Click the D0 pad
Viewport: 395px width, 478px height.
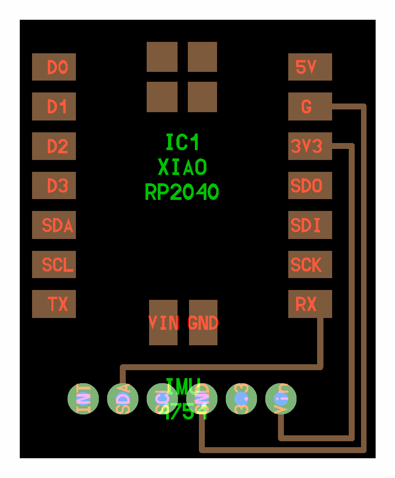pyautogui.click(x=54, y=67)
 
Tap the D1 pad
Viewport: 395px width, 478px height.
pyautogui.click(x=54, y=107)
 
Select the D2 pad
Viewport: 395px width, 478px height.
pyautogui.click(x=54, y=146)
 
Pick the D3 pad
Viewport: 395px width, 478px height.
pyautogui.click(x=54, y=186)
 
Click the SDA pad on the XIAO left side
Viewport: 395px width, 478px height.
pyautogui.click(x=54, y=225)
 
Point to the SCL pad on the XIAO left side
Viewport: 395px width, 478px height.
pyautogui.click(x=54, y=265)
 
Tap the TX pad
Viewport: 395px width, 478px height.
pyautogui.click(x=54, y=304)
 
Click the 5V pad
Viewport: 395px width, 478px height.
pyautogui.click(x=310, y=67)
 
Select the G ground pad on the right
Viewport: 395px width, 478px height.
pyautogui.click(x=310, y=107)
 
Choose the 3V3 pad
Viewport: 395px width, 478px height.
pyautogui.click(x=310, y=146)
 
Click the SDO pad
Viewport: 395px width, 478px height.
pyautogui.click(x=310, y=186)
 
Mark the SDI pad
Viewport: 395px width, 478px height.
pyautogui.click(x=310, y=225)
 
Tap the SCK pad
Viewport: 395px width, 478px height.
pyautogui.click(x=310, y=265)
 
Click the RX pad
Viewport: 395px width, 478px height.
pyautogui.click(x=310, y=304)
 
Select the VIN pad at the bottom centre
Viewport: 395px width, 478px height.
pyautogui.click(x=163, y=323)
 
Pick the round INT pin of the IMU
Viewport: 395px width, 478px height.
pyautogui.click(x=83, y=399)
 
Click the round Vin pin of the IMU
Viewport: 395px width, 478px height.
pyautogui.click(x=281, y=399)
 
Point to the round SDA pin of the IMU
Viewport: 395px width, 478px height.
pyautogui.click(x=123, y=399)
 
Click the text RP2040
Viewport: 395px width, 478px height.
pyautogui.click(x=182, y=192)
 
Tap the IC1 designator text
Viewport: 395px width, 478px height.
pyautogui.click(x=182, y=142)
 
